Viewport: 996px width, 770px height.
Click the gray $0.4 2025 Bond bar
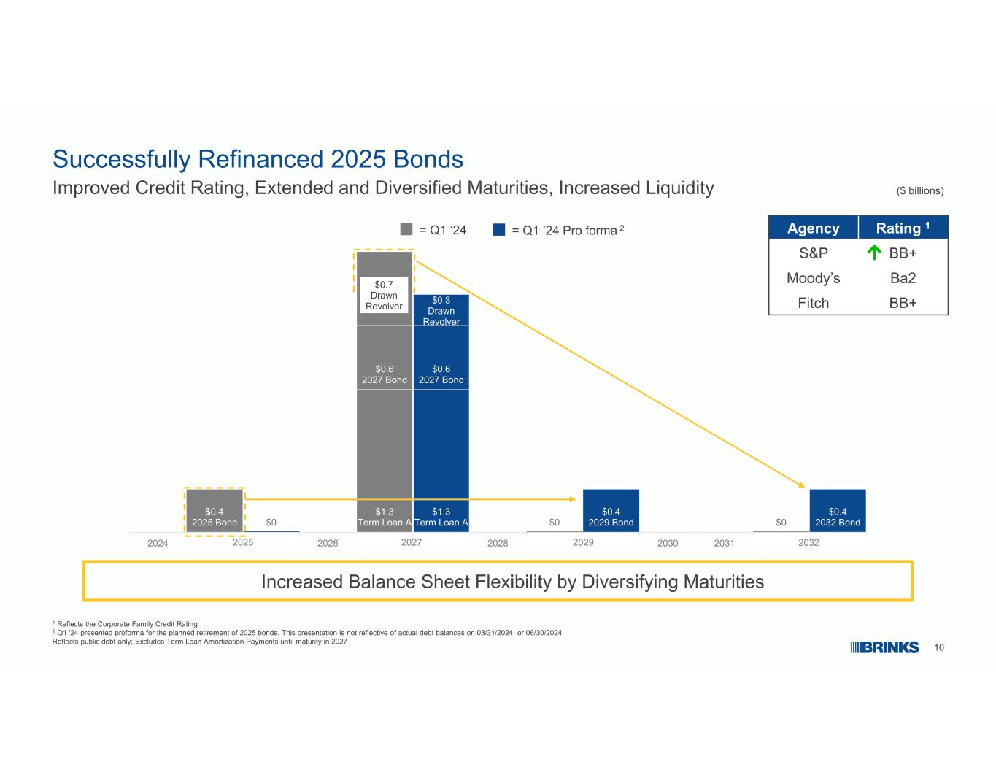215,511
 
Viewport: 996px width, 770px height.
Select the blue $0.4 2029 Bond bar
611,511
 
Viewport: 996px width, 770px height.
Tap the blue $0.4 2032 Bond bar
838,511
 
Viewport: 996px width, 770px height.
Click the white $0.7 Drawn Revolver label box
384,295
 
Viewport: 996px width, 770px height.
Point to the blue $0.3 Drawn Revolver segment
441,310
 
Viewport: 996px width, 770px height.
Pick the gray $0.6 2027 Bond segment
385,358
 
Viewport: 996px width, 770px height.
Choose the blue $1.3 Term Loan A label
441,517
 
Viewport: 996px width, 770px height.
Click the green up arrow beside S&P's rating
874,253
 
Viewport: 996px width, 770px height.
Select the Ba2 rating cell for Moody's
903,278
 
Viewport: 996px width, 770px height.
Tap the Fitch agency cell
813,303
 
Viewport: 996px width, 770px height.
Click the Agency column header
813,228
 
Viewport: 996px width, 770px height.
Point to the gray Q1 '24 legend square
406,229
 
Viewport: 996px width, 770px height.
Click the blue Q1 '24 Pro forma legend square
498,229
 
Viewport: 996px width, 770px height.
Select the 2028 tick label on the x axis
498,543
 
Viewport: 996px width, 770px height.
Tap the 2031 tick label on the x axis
724,543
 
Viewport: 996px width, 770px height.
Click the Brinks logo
884,647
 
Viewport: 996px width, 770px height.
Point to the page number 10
938,647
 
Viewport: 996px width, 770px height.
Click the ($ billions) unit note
920,190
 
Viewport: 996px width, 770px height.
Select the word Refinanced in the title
260,159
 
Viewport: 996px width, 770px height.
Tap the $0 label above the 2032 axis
781,523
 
